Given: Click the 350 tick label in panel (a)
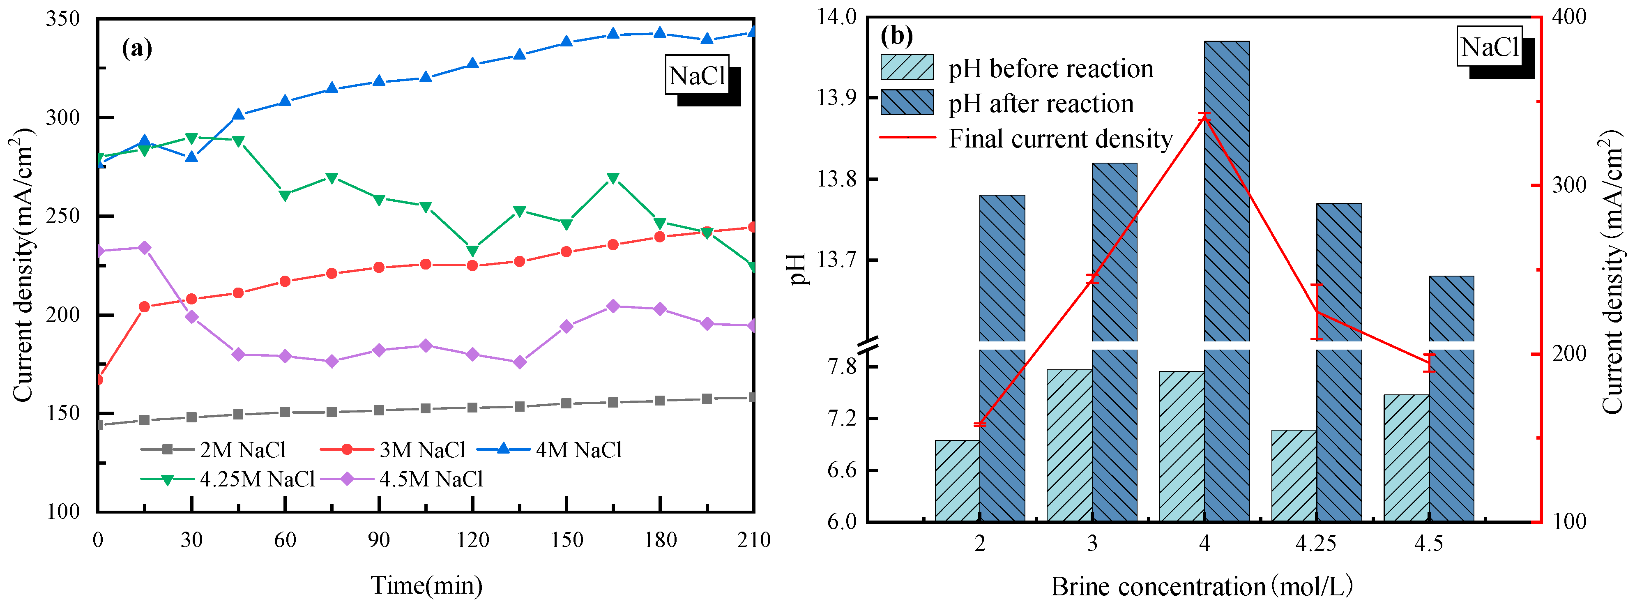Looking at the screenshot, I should [64, 19].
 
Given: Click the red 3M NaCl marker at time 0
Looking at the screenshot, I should [98, 380].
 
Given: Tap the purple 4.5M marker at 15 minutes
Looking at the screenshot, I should [145, 247].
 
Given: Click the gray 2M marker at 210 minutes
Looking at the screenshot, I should [753, 397].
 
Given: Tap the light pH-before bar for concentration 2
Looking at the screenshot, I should [957, 480].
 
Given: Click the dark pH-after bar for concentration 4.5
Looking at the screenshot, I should [1451, 400].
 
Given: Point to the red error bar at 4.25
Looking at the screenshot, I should [1317, 311].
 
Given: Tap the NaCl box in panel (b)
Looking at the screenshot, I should [1489, 46].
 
